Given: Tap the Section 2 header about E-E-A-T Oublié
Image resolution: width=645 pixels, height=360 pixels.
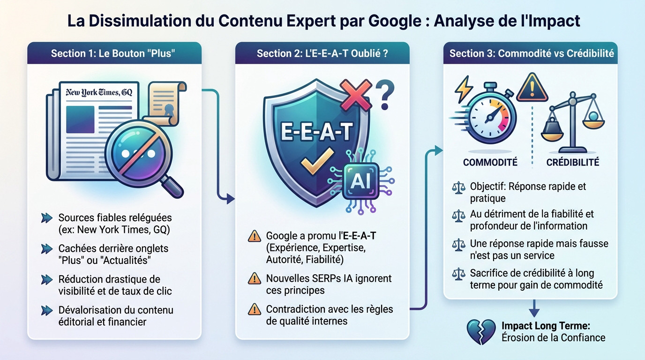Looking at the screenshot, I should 322,53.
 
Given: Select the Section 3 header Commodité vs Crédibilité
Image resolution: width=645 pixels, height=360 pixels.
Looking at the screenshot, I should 532,53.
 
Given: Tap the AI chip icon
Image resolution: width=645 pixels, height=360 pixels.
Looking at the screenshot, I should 360,180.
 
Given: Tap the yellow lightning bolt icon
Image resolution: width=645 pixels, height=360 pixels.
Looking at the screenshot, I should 464,89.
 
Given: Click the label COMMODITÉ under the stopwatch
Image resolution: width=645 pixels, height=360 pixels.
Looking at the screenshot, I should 490,162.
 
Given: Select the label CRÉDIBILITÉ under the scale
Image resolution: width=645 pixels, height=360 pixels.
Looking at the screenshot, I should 573,162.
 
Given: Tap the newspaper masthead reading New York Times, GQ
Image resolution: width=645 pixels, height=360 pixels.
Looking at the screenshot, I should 99,92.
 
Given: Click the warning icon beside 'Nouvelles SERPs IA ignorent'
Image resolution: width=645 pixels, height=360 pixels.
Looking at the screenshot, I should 254,279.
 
